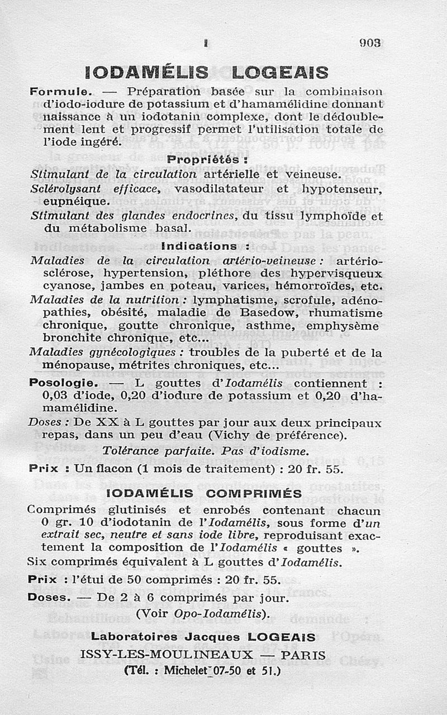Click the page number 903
click(370, 43)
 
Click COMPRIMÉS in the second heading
click(254, 493)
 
